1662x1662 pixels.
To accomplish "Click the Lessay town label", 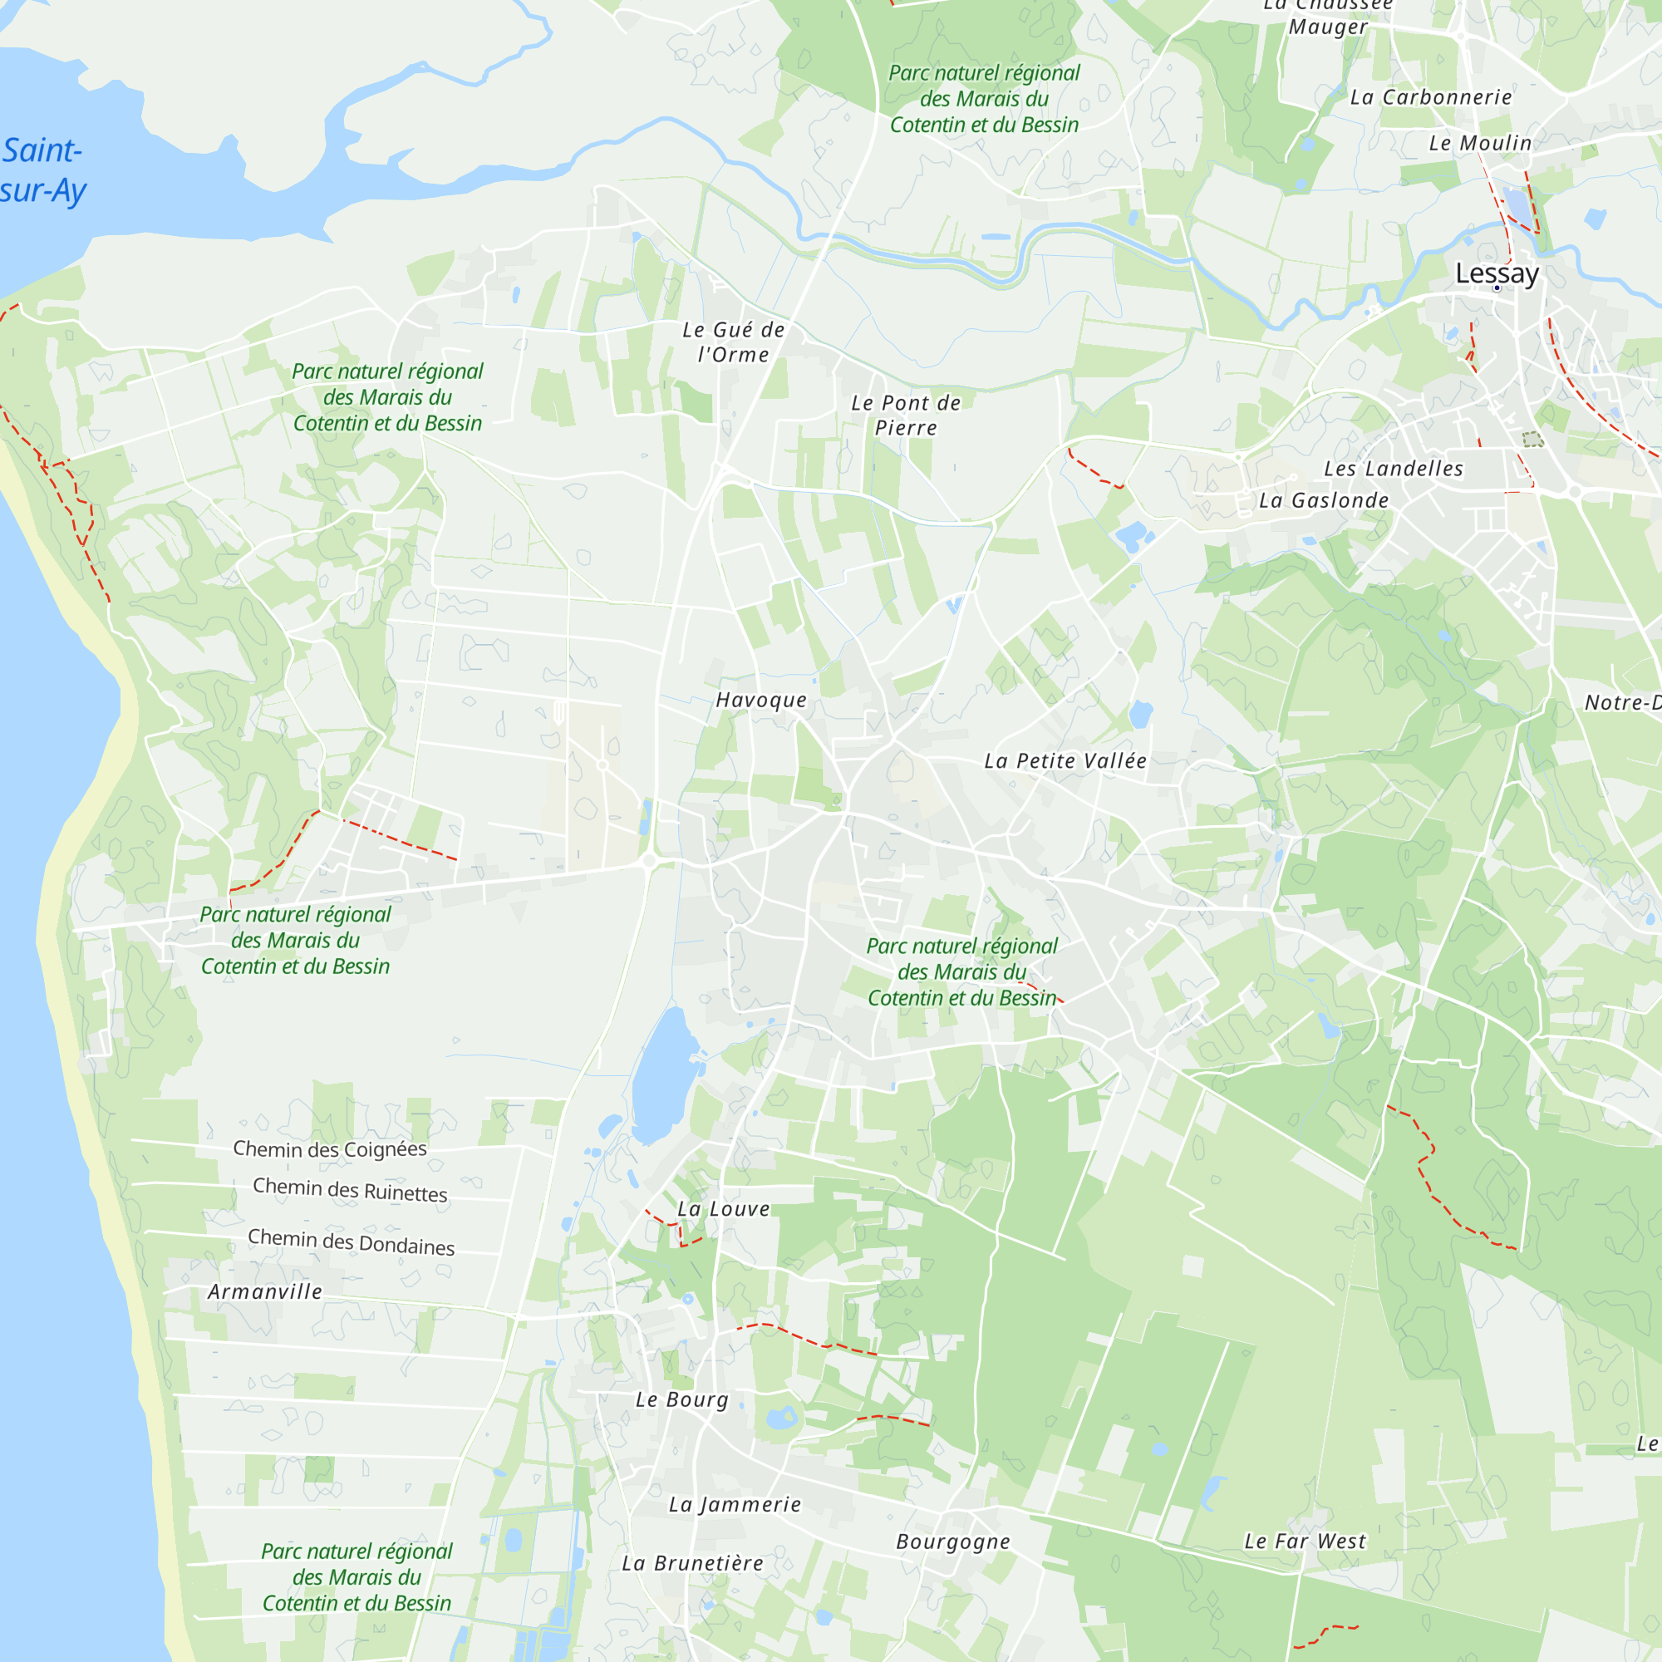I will click(1497, 273).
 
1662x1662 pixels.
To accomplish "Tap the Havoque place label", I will click(761, 701).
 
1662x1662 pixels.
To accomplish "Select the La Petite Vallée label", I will click(1065, 760).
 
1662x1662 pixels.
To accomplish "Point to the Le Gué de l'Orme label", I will click(733, 342).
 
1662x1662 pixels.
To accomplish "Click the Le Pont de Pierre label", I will click(906, 415).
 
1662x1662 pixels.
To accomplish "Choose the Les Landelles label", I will click(1393, 469).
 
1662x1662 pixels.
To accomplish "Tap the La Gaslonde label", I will click(1323, 500).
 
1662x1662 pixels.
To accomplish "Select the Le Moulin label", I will click(1480, 143).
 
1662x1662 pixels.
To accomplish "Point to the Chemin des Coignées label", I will click(329, 1149).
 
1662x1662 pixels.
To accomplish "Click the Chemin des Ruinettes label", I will click(350, 1191).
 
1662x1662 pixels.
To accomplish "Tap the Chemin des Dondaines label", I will click(351, 1242).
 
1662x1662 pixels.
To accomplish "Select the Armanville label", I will click(265, 1291).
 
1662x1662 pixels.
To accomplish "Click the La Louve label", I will click(724, 1208).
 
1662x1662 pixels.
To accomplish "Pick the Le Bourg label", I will click(682, 1399).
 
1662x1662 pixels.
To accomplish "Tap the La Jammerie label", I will click(735, 1505).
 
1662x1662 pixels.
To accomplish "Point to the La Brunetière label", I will click(692, 1563).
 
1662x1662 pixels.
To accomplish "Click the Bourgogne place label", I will click(953, 1542).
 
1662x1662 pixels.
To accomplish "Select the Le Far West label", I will click(1305, 1542).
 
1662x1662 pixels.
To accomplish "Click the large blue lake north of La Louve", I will click(663, 1075).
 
